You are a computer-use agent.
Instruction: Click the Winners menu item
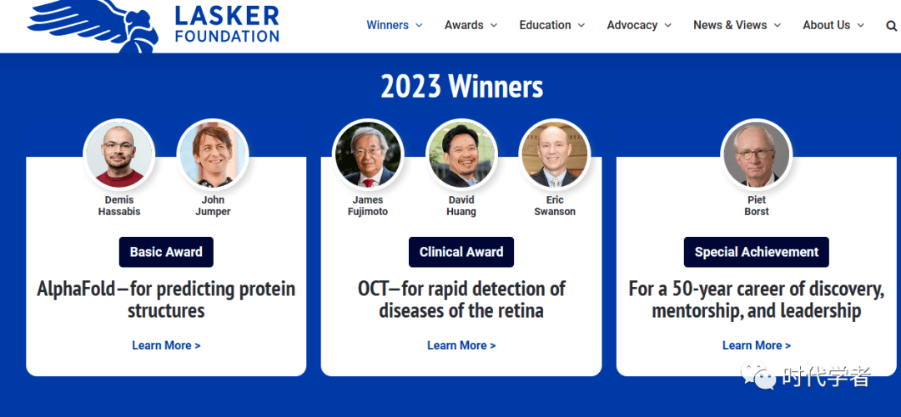pyautogui.click(x=394, y=25)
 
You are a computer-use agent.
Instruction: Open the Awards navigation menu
pyautogui.click(x=471, y=25)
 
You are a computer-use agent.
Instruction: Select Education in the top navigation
pyautogui.click(x=551, y=25)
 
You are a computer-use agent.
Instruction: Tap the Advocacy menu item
pyautogui.click(x=639, y=25)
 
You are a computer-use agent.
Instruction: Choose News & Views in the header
pyautogui.click(x=737, y=25)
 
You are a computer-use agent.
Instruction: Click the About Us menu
pyautogui.click(x=833, y=25)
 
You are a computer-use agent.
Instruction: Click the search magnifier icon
pyautogui.click(x=891, y=26)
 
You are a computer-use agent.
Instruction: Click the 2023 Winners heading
pyautogui.click(x=461, y=87)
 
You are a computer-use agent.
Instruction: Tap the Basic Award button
pyautogui.click(x=166, y=252)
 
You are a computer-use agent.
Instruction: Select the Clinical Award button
pyautogui.click(x=461, y=252)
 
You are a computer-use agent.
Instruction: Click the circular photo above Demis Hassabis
pyautogui.click(x=119, y=154)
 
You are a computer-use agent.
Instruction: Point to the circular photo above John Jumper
pyautogui.click(x=213, y=154)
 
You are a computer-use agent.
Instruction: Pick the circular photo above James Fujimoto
pyautogui.click(x=368, y=154)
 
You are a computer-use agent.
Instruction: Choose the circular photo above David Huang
pyautogui.click(x=461, y=154)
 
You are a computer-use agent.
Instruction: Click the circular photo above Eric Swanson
pyautogui.click(x=555, y=154)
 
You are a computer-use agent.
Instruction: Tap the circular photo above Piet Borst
pyautogui.click(x=756, y=154)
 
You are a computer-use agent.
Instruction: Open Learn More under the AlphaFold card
pyautogui.click(x=166, y=345)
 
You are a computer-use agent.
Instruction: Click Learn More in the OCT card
pyautogui.click(x=461, y=345)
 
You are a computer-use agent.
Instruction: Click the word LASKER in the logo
pyautogui.click(x=227, y=16)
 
